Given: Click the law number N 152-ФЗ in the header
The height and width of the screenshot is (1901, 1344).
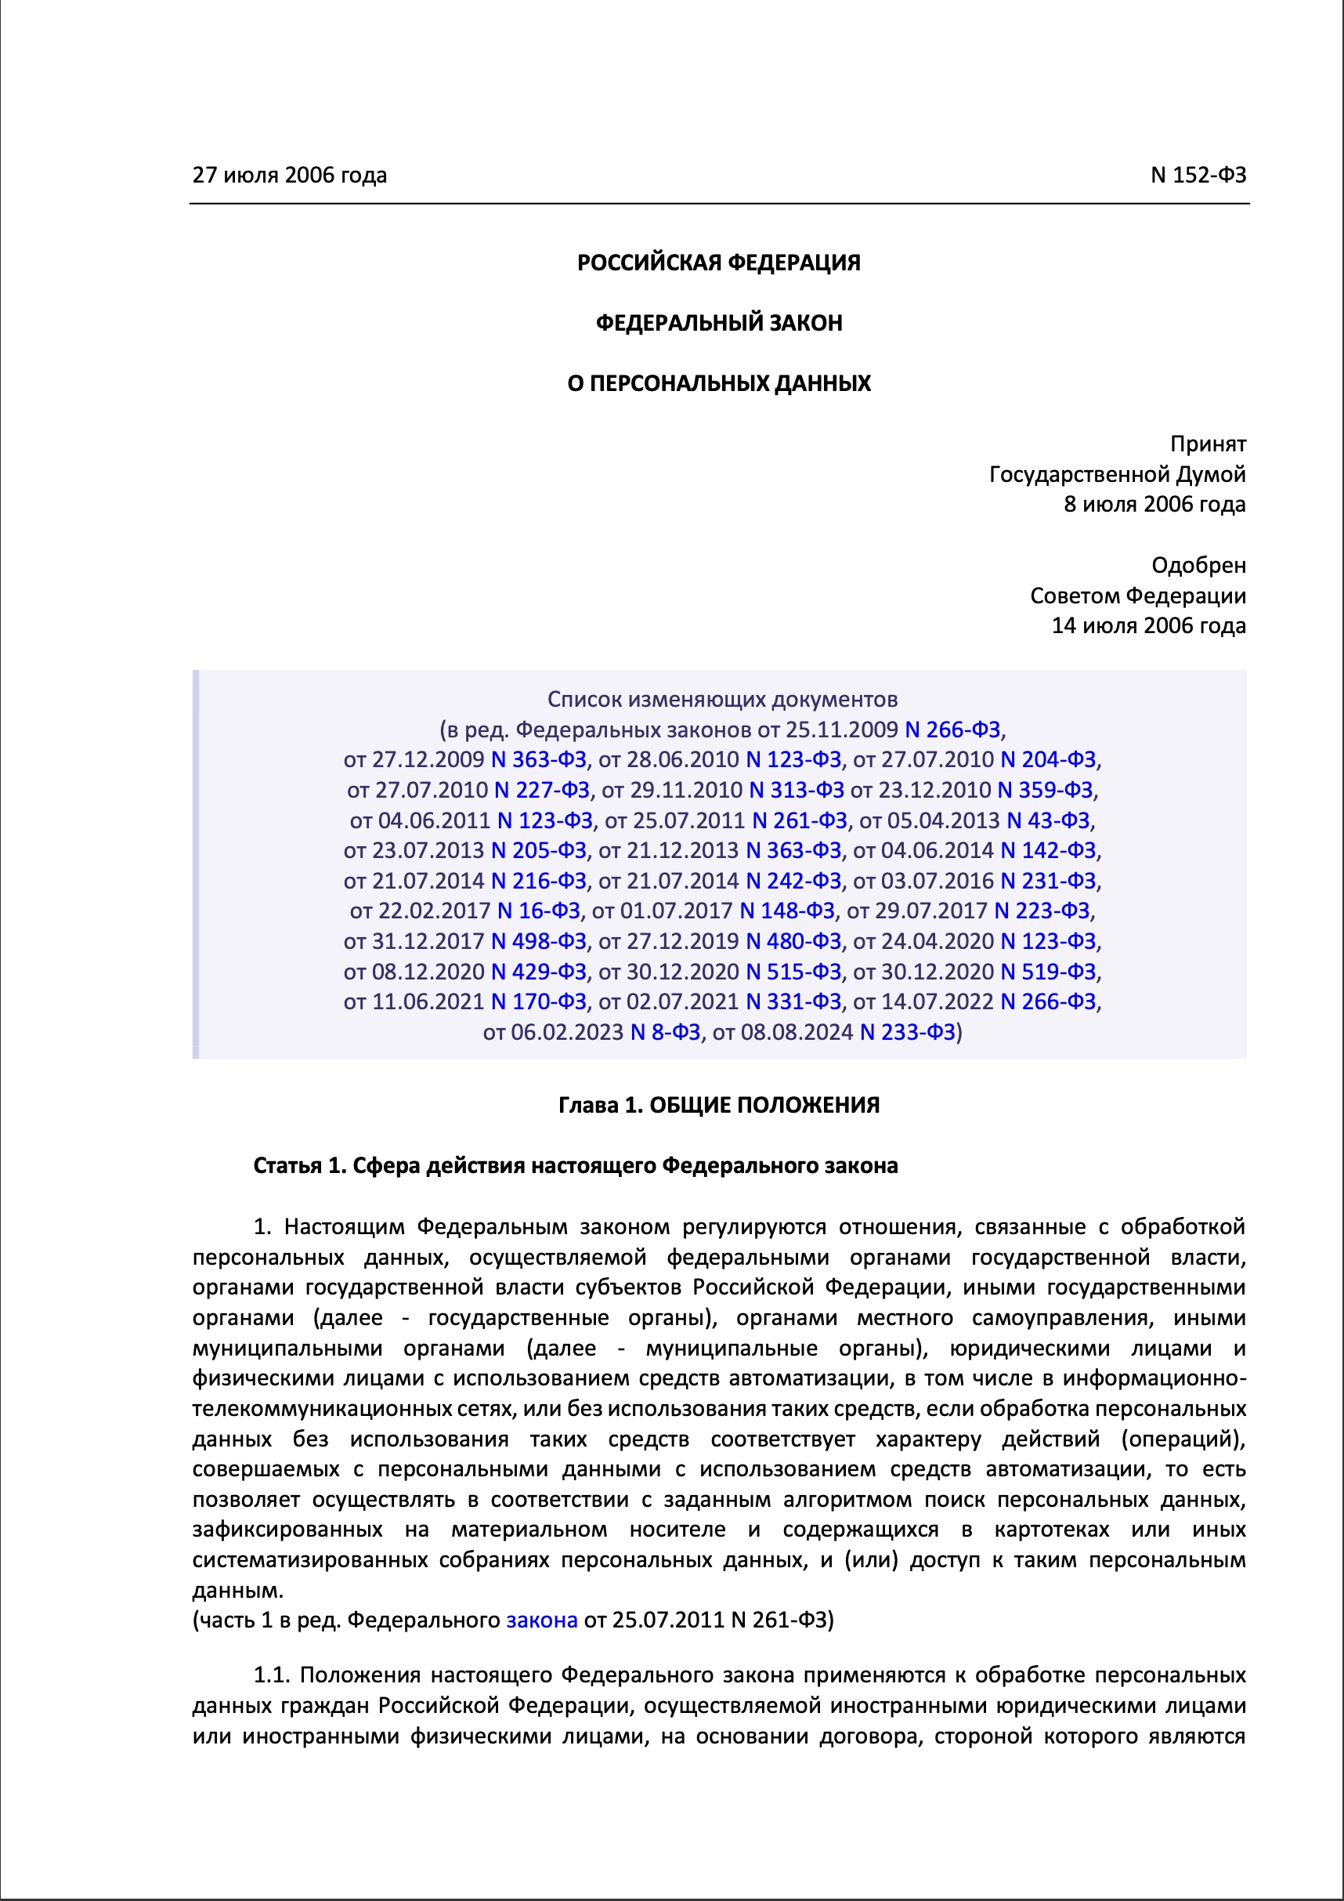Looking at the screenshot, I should pyautogui.click(x=1198, y=175).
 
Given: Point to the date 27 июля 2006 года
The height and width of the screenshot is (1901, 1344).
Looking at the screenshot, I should pyautogui.click(x=290, y=175).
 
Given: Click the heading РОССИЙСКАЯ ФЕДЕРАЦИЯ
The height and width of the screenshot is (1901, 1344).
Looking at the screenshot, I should pyautogui.click(x=718, y=263).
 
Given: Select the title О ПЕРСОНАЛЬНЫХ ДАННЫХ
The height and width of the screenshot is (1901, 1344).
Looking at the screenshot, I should pyautogui.click(x=718, y=383).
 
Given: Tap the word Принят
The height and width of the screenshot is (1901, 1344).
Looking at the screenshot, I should pyautogui.click(x=1208, y=444).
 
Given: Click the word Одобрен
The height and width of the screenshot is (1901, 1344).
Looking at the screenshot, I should pyautogui.click(x=1198, y=565).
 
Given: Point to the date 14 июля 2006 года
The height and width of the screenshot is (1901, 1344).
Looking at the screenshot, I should pyautogui.click(x=1148, y=625).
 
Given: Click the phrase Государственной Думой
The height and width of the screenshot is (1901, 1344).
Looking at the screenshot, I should pyautogui.click(x=1117, y=474).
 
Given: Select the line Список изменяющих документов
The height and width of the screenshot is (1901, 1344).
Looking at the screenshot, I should pyautogui.click(x=721, y=700).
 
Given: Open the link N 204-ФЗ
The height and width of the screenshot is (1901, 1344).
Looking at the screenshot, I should pyautogui.click(x=1048, y=759).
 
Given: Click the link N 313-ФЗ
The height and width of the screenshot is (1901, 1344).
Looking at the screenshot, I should pyautogui.click(x=796, y=790).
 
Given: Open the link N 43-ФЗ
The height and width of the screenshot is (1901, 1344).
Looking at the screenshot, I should pyautogui.click(x=1048, y=820).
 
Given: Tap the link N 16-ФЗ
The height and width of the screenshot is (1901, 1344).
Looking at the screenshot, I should pyautogui.click(x=539, y=911).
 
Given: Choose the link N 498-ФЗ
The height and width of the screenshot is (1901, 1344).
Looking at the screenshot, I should pyautogui.click(x=539, y=940).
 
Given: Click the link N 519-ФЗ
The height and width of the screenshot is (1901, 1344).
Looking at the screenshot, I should pyautogui.click(x=1048, y=971).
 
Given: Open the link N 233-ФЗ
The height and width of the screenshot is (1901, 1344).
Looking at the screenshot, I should pyautogui.click(x=907, y=1032).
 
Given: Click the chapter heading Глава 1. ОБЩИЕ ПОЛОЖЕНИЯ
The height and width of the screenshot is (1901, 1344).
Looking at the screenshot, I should pyautogui.click(x=718, y=1106).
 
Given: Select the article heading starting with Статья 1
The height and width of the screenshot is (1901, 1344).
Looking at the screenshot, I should pyautogui.click(x=575, y=1166).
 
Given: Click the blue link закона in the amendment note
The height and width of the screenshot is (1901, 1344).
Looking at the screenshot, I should pyautogui.click(x=541, y=1620).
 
